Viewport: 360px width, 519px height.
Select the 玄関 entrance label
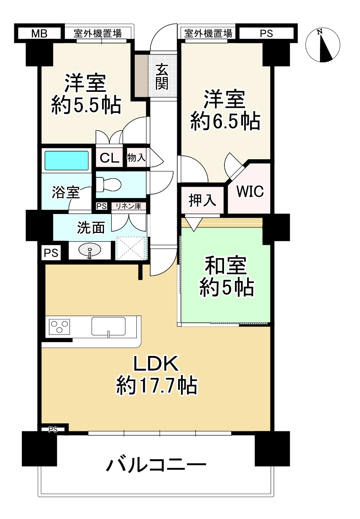(x=162, y=77)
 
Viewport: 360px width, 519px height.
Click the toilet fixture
(x=108, y=184)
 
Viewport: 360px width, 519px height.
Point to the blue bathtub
(x=67, y=161)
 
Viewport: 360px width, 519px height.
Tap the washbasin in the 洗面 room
(x=90, y=251)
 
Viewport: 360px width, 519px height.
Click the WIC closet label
(x=250, y=192)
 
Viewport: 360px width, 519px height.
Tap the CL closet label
(x=109, y=158)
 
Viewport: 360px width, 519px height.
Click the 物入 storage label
(x=136, y=158)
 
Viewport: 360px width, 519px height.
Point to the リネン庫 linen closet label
(x=128, y=206)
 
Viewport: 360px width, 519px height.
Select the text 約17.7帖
(x=157, y=385)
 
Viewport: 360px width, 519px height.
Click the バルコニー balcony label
(x=156, y=465)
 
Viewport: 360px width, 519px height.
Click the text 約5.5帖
(x=86, y=104)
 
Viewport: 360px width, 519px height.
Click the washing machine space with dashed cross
(x=131, y=249)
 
